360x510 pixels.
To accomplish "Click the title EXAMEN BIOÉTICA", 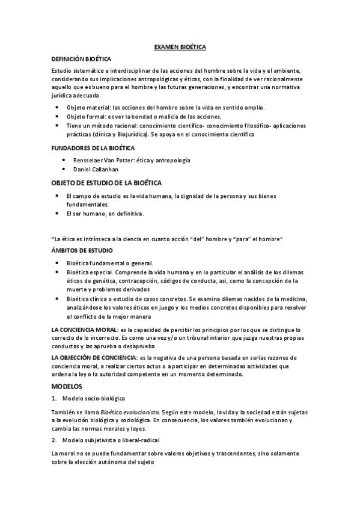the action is (180, 47).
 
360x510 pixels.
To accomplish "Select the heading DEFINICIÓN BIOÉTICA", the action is (81, 59).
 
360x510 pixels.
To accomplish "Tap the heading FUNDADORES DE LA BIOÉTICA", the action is (93, 147).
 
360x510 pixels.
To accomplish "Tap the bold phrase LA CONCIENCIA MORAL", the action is (85, 329).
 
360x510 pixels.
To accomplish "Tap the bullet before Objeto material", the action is (57, 106).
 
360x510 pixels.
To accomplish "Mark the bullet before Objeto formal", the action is (57, 116).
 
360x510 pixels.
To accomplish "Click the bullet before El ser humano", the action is (57, 214).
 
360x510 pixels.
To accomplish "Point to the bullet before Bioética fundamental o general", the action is (57, 263).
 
